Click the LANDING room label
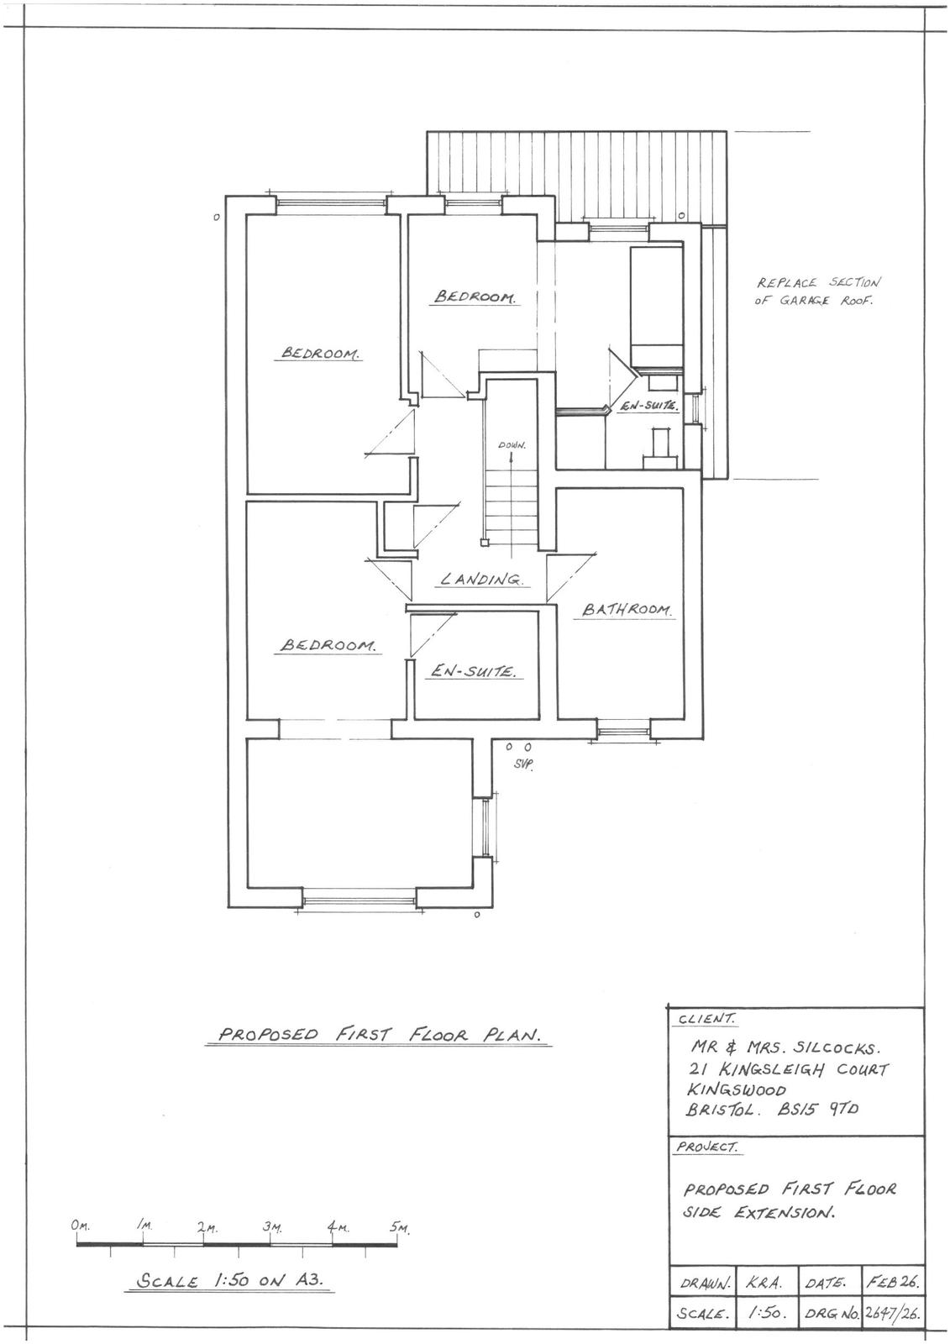(x=482, y=579)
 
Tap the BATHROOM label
(x=628, y=610)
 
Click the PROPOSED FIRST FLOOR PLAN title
(x=378, y=1035)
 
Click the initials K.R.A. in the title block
(x=764, y=1284)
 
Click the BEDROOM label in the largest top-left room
(x=320, y=353)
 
